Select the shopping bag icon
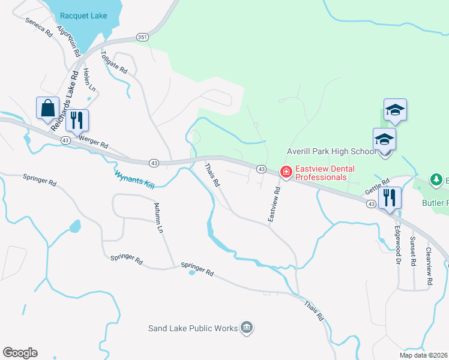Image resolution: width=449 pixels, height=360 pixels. (48, 109)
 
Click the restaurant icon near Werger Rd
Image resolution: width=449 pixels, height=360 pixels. (77, 120)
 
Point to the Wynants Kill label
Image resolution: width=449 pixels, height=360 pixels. (134, 179)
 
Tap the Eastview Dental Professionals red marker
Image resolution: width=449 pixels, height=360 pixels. (286, 173)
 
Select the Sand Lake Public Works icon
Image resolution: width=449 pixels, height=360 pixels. (247, 327)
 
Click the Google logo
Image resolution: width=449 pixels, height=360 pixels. (20, 353)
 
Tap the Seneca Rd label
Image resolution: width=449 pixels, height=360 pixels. (40, 27)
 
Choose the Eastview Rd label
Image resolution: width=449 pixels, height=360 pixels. (274, 205)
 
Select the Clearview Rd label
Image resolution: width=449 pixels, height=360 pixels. (429, 266)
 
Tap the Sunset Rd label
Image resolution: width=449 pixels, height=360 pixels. (412, 251)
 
